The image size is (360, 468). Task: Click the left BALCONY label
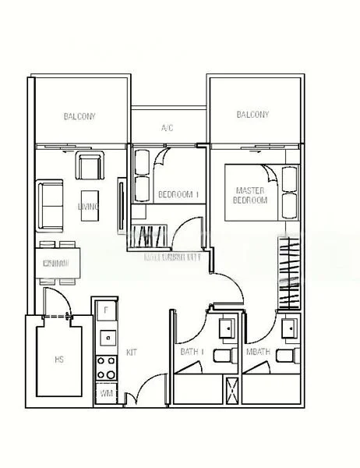coord(79,117)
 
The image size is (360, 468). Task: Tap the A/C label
coord(167,127)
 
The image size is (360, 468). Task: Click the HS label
coord(59,360)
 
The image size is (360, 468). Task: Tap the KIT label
coord(131,353)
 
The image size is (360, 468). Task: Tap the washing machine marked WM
coord(104,394)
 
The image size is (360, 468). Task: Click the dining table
coord(58,264)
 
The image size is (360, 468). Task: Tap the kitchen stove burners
coord(104,368)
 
